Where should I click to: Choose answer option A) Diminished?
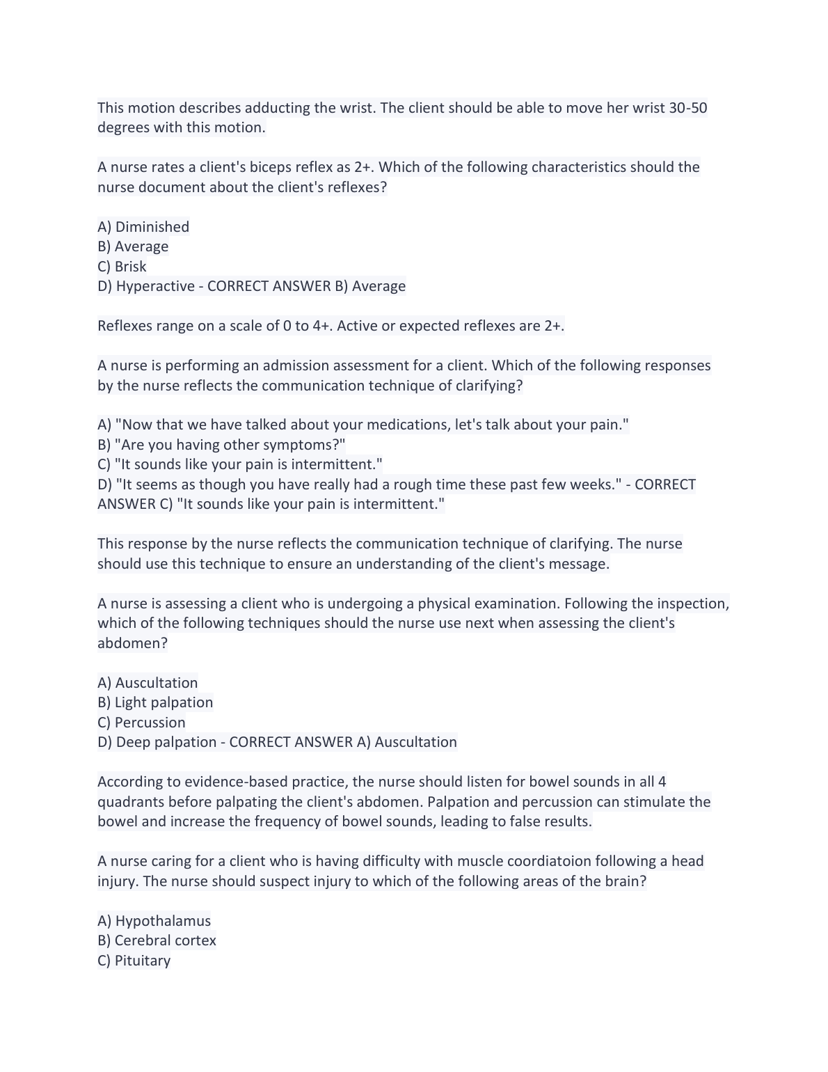coord(143,227)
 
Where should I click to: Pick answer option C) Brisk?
coord(122,267)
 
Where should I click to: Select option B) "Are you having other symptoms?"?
coord(221,445)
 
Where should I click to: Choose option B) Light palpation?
coord(155,702)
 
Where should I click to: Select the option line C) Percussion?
coord(141,723)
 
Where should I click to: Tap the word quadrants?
coord(131,802)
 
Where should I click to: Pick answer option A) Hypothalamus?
coord(154,921)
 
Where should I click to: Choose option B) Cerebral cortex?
coord(157,940)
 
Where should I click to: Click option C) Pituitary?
coord(134,961)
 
